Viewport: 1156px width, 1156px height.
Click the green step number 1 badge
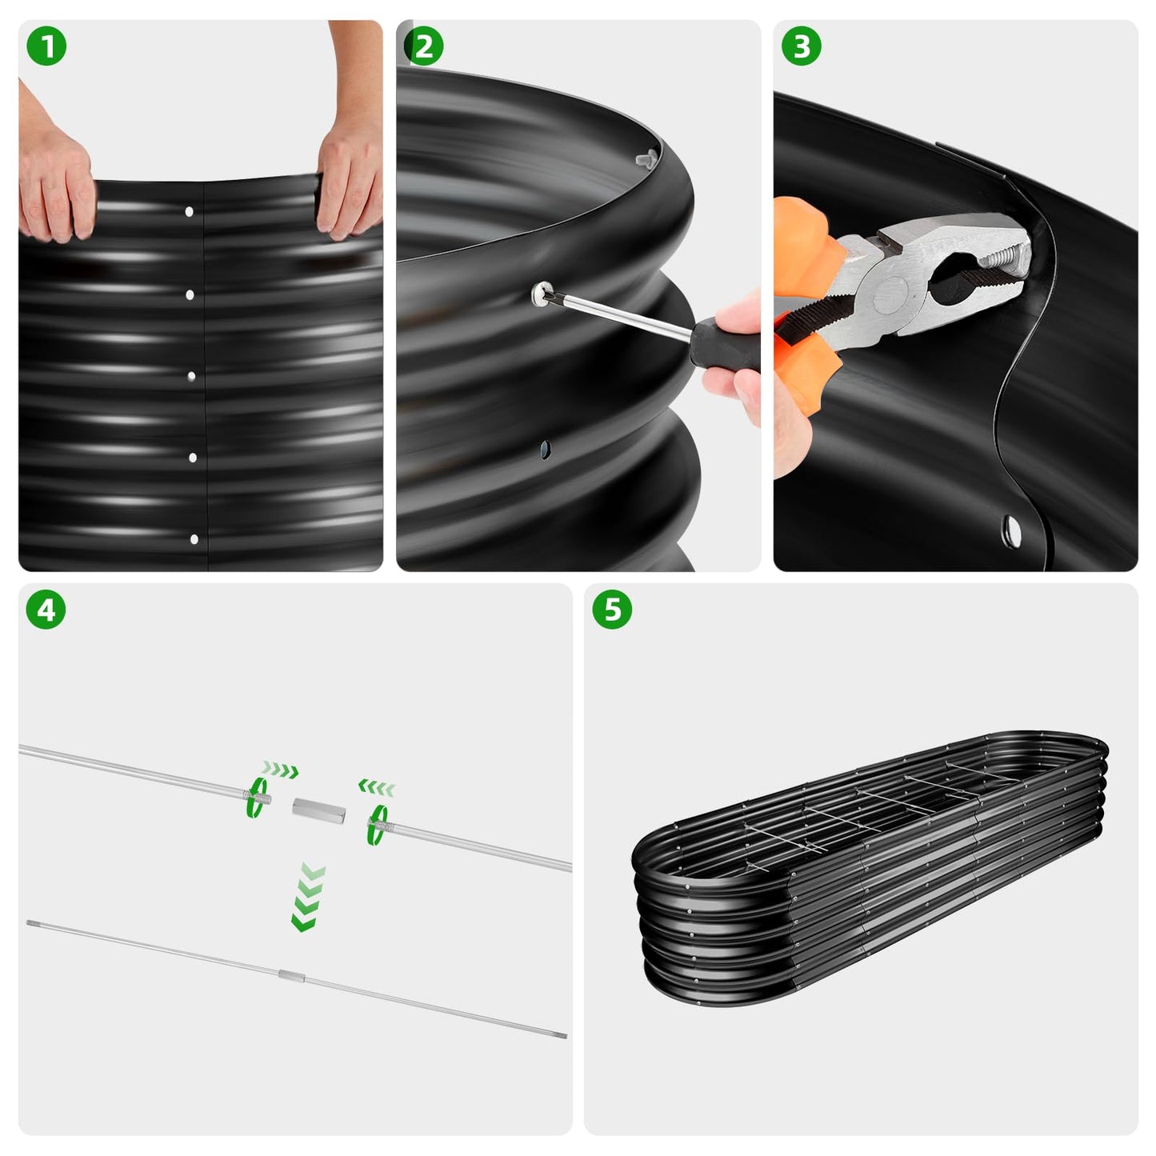tap(46, 47)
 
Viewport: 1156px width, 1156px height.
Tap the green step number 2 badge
tap(424, 47)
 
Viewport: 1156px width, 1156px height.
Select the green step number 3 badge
tap(801, 47)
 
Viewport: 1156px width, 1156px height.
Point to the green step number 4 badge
tap(46, 610)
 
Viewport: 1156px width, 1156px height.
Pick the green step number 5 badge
tap(612, 610)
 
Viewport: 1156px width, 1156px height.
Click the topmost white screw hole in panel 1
tap(189, 212)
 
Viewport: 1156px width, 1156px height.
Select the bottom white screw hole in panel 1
tap(194, 539)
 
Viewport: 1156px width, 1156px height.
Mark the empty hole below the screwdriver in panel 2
tap(545, 450)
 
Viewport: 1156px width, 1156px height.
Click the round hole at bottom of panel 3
tap(1011, 528)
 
